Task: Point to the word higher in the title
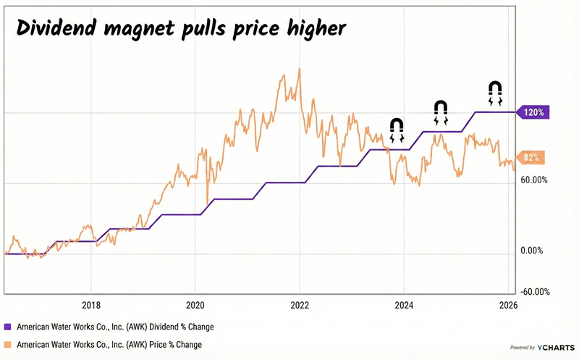coord(312,29)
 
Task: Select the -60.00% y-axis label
coord(536,292)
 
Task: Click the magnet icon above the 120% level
coord(494,93)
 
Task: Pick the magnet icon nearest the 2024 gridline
coord(397,130)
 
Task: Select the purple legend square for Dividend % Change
coord(8,327)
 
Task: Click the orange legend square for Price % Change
coord(8,344)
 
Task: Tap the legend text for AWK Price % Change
coord(109,344)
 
